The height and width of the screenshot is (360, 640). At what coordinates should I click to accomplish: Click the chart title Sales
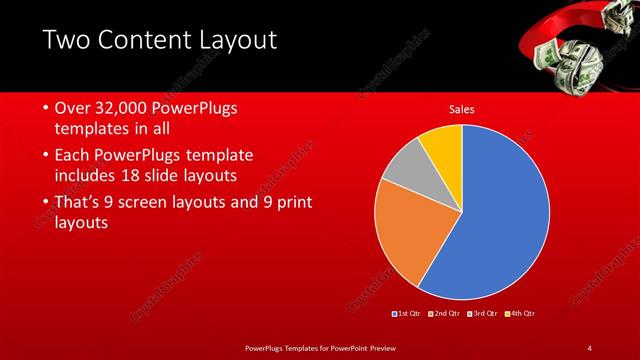[461, 109]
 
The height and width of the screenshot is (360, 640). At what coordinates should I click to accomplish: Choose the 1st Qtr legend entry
[406, 314]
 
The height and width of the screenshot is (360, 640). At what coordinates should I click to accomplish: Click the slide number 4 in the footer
[589, 347]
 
